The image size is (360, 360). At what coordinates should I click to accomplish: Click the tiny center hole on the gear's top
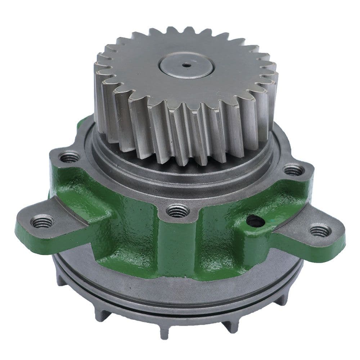pos(186,65)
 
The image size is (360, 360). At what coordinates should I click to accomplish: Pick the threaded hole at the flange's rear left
pos(69,157)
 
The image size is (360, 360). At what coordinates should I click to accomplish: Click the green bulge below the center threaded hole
pos(176,245)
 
